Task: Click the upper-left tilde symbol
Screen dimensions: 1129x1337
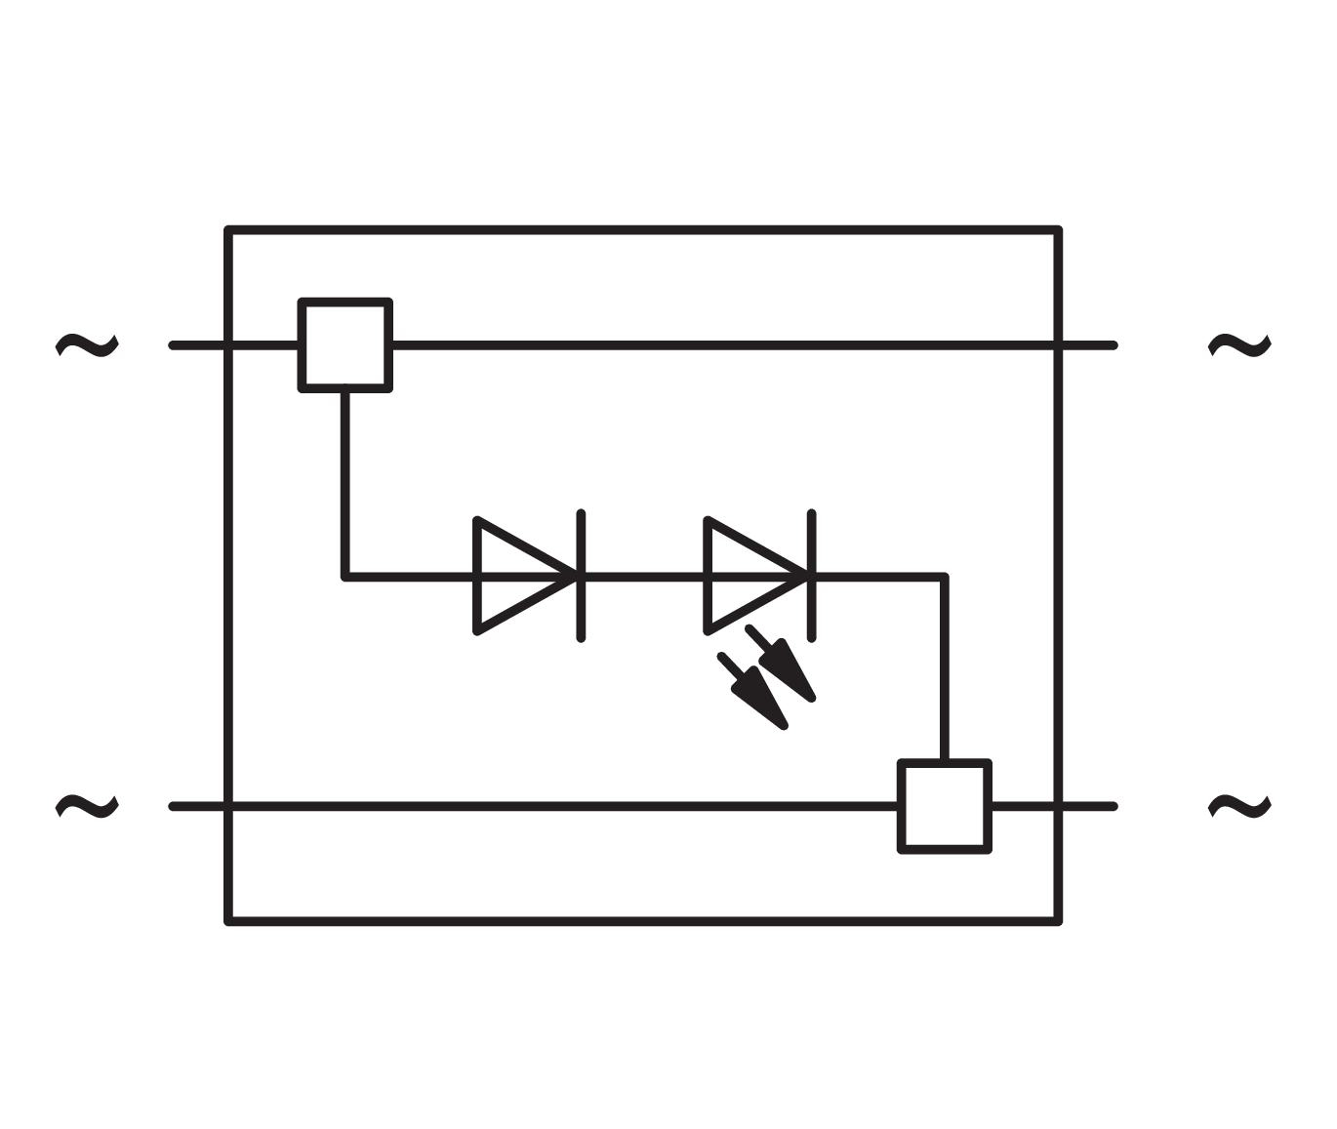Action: click(87, 344)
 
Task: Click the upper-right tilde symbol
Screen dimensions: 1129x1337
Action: click(1239, 344)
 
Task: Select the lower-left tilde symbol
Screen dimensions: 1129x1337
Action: click(87, 806)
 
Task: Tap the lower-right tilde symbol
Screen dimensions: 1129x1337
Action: click(1239, 806)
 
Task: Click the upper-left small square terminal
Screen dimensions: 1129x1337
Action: click(345, 345)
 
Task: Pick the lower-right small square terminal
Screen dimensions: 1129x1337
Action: click(945, 806)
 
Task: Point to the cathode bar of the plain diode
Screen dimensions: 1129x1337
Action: click(581, 576)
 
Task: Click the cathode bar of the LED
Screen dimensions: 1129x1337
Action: click(811, 576)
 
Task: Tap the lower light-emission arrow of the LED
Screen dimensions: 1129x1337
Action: click(756, 693)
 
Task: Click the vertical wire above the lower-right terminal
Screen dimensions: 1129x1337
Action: click(945, 673)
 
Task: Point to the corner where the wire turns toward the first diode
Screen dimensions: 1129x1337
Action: click(345, 576)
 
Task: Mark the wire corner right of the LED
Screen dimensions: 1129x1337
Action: click(945, 576)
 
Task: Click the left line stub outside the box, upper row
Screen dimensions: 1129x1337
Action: click(198, 344)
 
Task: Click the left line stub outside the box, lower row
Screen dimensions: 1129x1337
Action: click(198, 806)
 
